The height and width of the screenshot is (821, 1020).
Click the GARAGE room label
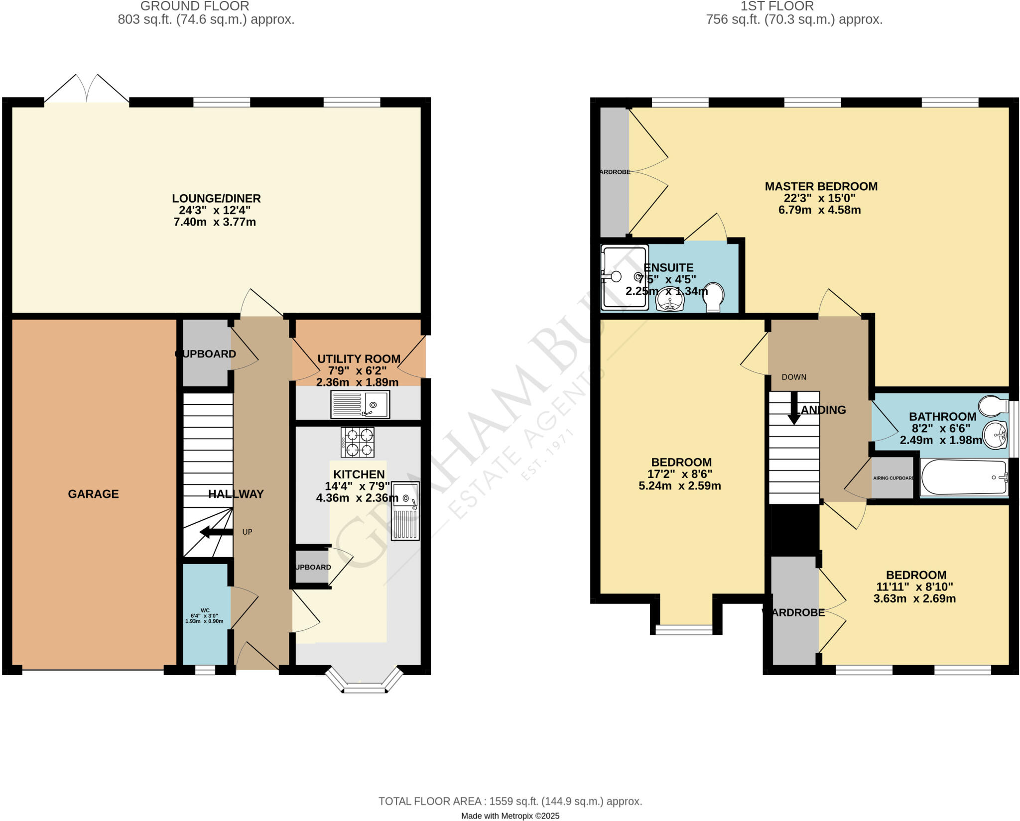(93, 494)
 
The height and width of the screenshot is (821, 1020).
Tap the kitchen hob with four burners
(358, 442)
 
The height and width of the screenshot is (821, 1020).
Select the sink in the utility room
(360, 404)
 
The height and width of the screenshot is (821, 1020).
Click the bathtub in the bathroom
(964, 477)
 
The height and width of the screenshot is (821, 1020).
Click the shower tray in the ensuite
(625, 277)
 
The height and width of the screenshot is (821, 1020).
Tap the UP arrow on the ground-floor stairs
(216, 532)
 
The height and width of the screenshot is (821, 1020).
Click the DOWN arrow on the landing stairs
(794, 408)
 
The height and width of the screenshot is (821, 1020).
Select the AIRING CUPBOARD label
(893, 478)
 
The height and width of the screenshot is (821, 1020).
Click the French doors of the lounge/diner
(87, 90)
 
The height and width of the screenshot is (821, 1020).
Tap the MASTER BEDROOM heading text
(821, 186)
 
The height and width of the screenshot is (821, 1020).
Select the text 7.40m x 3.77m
(215, 222)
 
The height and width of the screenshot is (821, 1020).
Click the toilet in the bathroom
(993, 406)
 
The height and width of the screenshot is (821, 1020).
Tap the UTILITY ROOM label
(359, 359)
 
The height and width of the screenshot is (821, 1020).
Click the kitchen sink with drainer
(405, 510)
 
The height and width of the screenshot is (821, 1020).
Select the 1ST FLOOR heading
(794, 6)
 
